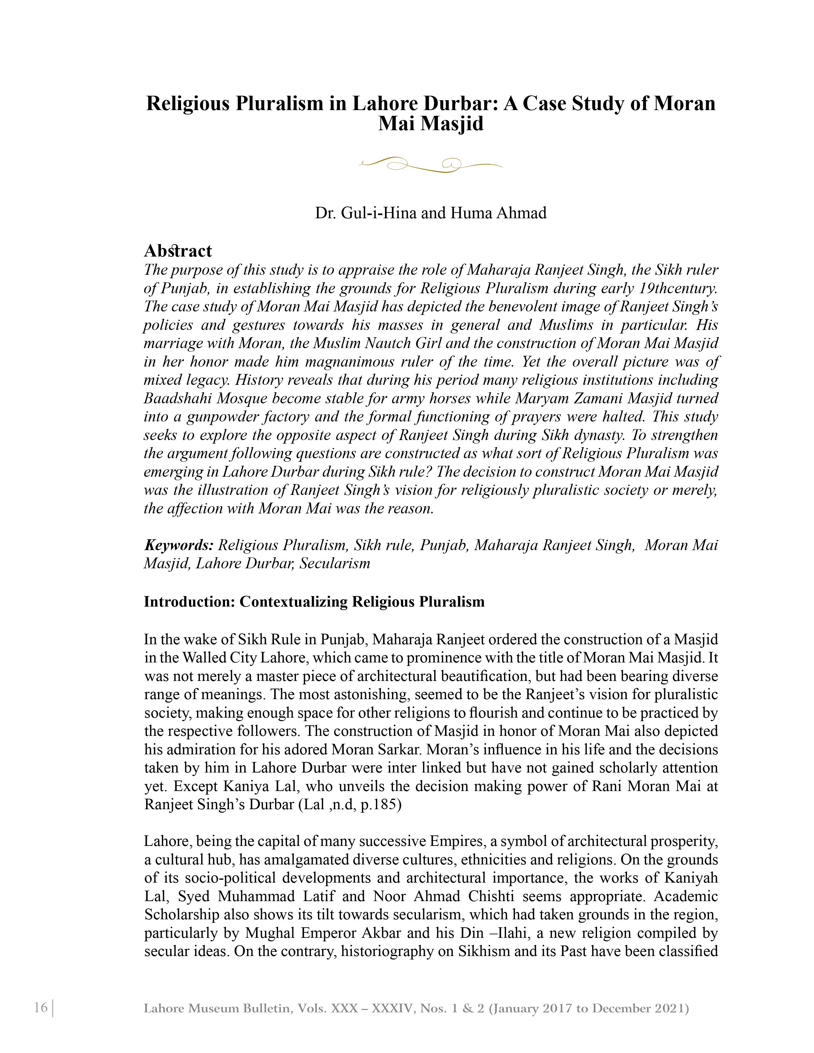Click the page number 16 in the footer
(x=41, y=1008)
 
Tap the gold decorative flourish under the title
(x=431, y=164)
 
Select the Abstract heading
(x=177, y=251)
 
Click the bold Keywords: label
(x=178, y=545)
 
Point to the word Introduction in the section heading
(x=189, y=602)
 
